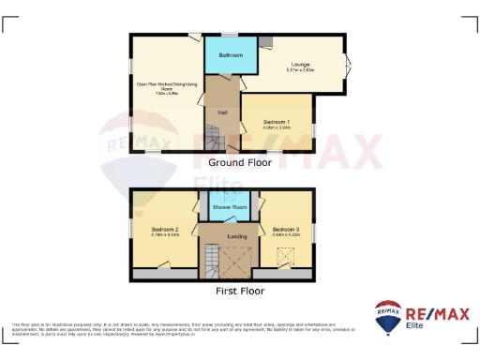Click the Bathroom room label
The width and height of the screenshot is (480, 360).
(231, 56)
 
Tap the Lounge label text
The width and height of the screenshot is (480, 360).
(300, 65)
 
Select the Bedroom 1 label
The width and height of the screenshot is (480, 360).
(276, 121)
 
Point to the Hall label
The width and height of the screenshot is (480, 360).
(222, 113)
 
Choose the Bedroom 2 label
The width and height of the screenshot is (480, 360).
(165, 229)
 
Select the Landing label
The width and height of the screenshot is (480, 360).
(237, 236)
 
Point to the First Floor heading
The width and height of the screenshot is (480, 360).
(240, 291)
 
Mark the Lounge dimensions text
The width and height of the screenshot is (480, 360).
(300, 70)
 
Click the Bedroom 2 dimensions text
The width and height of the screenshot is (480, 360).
(165, 234)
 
